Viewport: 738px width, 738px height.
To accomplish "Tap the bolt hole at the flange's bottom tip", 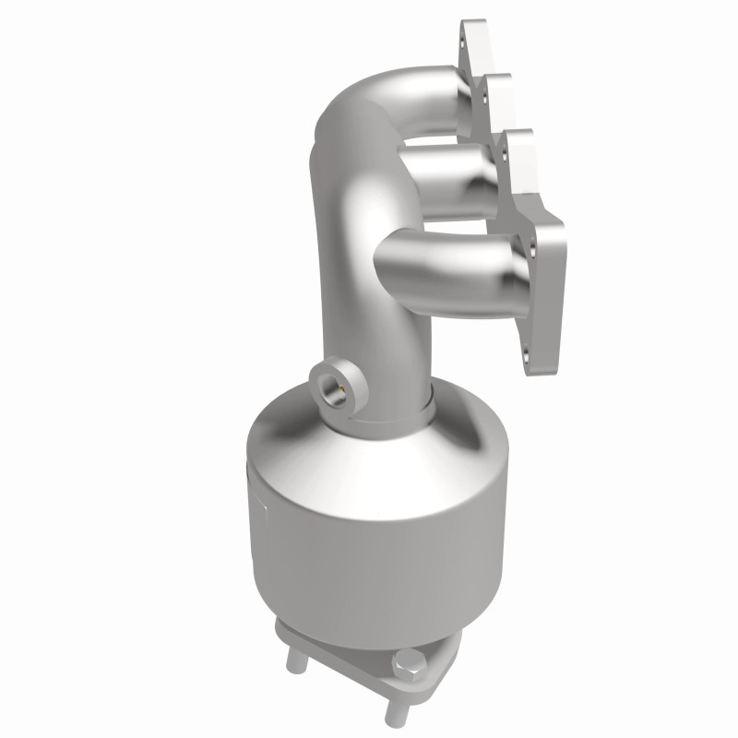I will [x=529, y=351].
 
